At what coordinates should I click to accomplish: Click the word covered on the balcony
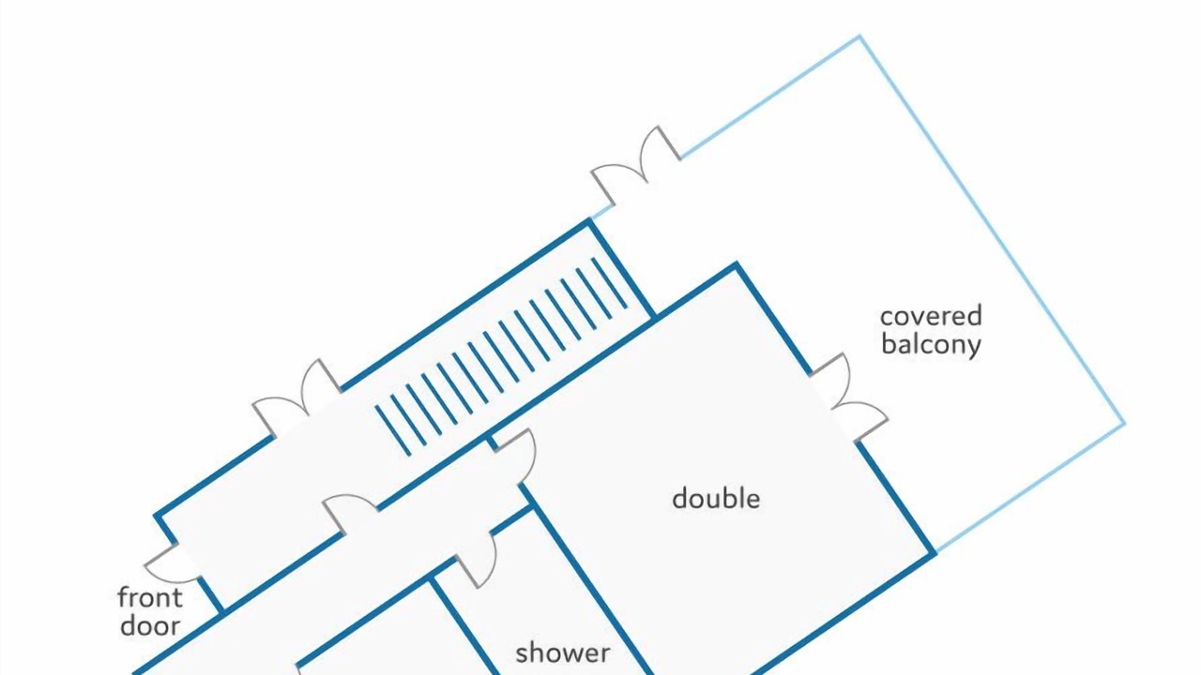pyautogui.click(x=931, y=316)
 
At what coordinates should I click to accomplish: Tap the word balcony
pyautogui.click(x=931, y=344)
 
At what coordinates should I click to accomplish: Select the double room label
pyautogui.click(x=716, y=498)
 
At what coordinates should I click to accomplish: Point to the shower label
pyautogui.click(x=562, y=653)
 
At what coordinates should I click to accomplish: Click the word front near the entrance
pyautogui.click(x=150, y=597)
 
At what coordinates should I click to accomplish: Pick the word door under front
pyautogui.click(x=150, y=625)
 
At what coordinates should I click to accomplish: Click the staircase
pyautogui.click(x=501, y=356)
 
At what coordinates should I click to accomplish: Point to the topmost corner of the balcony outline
pyautogui.click(x=860, y=37)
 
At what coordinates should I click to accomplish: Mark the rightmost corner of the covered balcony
pyautogui.click(x=1124, y=423)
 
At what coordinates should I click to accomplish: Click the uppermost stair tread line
pyautogui.click(x=610, y=283)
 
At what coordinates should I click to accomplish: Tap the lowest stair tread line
pyautogui.click(x=393, y=430)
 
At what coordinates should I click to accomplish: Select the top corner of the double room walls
pyautogui.click(x=737, y=266)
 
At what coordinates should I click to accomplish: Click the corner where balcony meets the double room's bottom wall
pyautogui.click(x=934, y=552)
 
